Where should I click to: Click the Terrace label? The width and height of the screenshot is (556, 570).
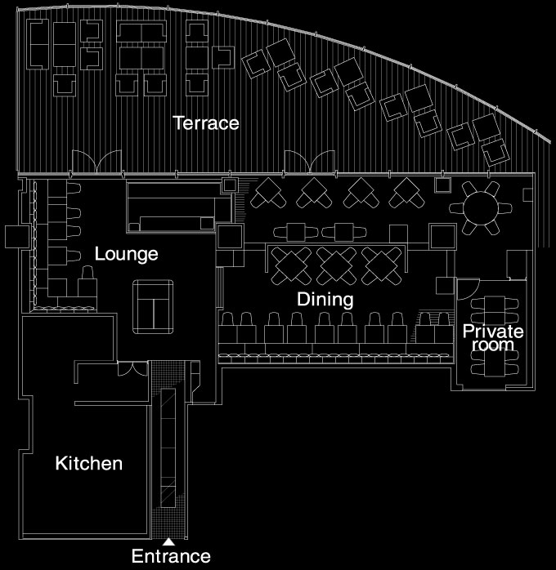coord(206,122)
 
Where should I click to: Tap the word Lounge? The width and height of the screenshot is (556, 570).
coord(126,254)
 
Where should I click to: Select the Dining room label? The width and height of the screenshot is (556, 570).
coord(325,299)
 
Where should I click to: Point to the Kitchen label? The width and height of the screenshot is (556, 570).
coord(89,464)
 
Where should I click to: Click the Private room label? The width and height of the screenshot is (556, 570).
coord(493,338)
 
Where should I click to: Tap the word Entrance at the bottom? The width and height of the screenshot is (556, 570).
coord(171,556)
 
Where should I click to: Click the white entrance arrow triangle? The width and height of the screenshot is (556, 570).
coord(168,542)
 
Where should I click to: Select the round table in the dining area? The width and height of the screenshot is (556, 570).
coord(481,209)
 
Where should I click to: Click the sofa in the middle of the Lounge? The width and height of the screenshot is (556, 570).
coord(153,307)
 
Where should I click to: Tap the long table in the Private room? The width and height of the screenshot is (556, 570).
coord(495,336)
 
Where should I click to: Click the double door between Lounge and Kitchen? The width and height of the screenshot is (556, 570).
coord(132,368)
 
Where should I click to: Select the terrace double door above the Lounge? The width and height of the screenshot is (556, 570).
coord(96,162)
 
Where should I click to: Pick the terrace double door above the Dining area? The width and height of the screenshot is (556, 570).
coord(309,162)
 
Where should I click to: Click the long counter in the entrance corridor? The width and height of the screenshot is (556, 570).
coord(168,448)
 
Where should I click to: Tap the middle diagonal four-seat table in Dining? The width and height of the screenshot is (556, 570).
coord(336,265)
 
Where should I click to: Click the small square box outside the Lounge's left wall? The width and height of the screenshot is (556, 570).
coord(17,237)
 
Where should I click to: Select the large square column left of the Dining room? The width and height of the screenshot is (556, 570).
coord(230,236)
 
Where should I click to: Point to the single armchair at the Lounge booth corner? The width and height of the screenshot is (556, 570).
coord(87,282)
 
